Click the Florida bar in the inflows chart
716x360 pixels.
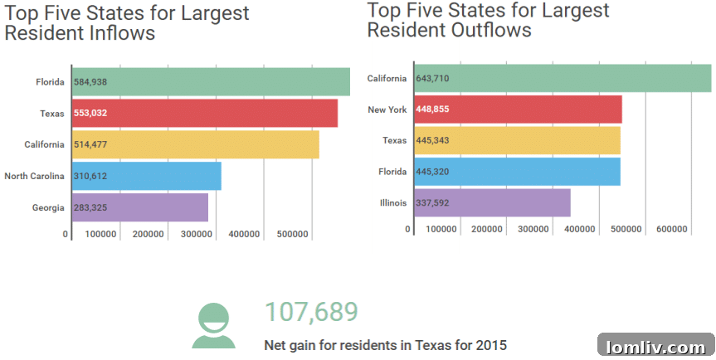point(211,82)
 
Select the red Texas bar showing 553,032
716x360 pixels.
point(204,113)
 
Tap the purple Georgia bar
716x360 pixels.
point(139,207)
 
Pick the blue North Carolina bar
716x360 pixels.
point(146,176)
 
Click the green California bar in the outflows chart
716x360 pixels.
point(563,79)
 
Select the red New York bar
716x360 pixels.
point(518,109)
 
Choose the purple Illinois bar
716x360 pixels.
point(492,202)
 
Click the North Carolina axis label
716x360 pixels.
point(34,176)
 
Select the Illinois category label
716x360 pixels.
point(393,202)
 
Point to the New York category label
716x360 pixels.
point(387,109)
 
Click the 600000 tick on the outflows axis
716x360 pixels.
point(674,229)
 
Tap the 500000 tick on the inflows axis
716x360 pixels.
point(293,235)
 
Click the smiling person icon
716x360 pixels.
point(213,325)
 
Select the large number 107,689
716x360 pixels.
point(311,312)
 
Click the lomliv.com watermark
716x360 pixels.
point(655,346)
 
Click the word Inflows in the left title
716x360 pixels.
point(114,34)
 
